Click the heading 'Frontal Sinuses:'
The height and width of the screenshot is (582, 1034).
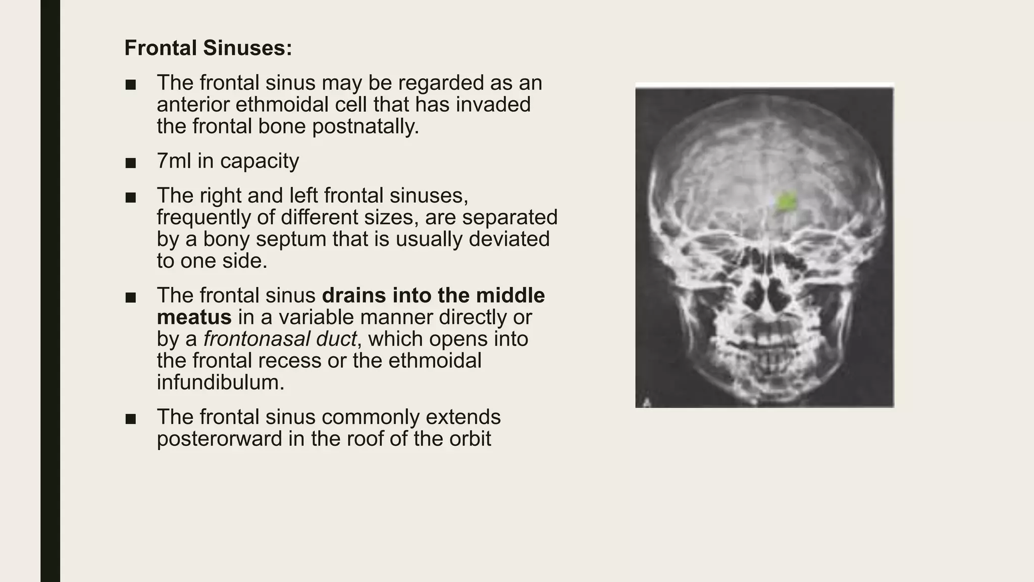208,48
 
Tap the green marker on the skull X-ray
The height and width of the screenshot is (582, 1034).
786,202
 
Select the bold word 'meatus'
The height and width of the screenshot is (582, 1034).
194,317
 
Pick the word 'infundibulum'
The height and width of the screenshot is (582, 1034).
221,382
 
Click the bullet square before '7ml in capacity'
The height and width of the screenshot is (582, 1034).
131,162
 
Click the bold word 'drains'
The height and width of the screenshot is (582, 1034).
354,296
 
